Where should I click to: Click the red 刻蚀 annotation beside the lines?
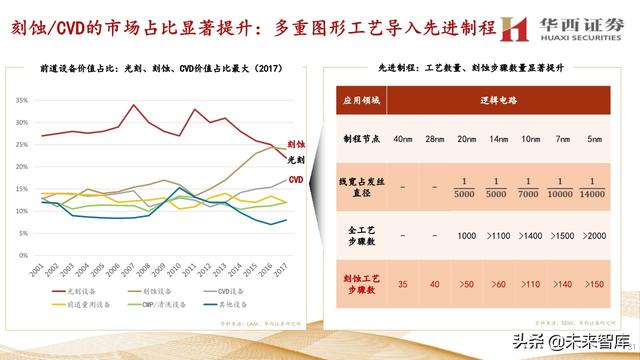click(296, 145)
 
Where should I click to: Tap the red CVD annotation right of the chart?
click(296, 179)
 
